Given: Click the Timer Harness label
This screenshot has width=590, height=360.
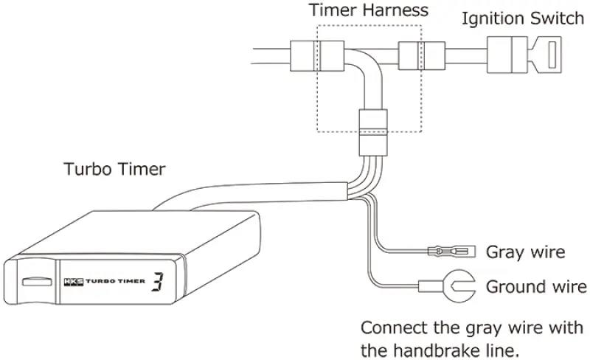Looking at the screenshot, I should (369, 11).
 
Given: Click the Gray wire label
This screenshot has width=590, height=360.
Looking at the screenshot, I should (525, 252).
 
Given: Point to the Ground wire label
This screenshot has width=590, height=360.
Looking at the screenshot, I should (536, 286).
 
